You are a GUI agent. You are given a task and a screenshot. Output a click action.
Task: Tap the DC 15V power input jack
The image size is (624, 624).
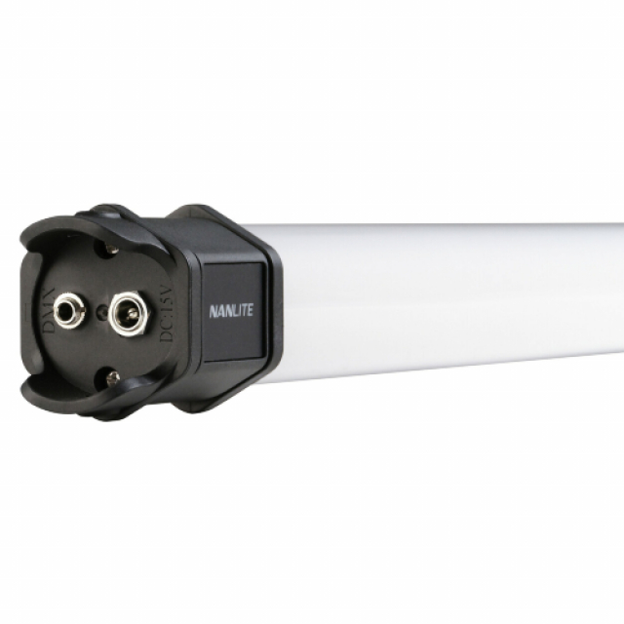click(127, 315)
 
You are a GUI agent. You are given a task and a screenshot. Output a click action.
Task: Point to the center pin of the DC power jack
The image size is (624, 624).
click(128, 315)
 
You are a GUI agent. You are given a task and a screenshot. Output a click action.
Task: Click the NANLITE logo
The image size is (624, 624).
click(230, 312)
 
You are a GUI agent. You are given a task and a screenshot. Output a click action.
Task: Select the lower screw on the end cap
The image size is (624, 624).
click(113, 376)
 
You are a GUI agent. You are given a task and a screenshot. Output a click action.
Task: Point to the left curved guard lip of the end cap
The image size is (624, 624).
click(29, 312)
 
